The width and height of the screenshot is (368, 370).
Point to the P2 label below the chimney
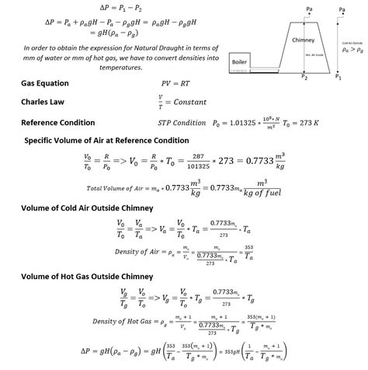[x=304, y=78]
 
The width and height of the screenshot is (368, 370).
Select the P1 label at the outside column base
[x=338, y=78]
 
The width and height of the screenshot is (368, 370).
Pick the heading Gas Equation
[x=45, y=83]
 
